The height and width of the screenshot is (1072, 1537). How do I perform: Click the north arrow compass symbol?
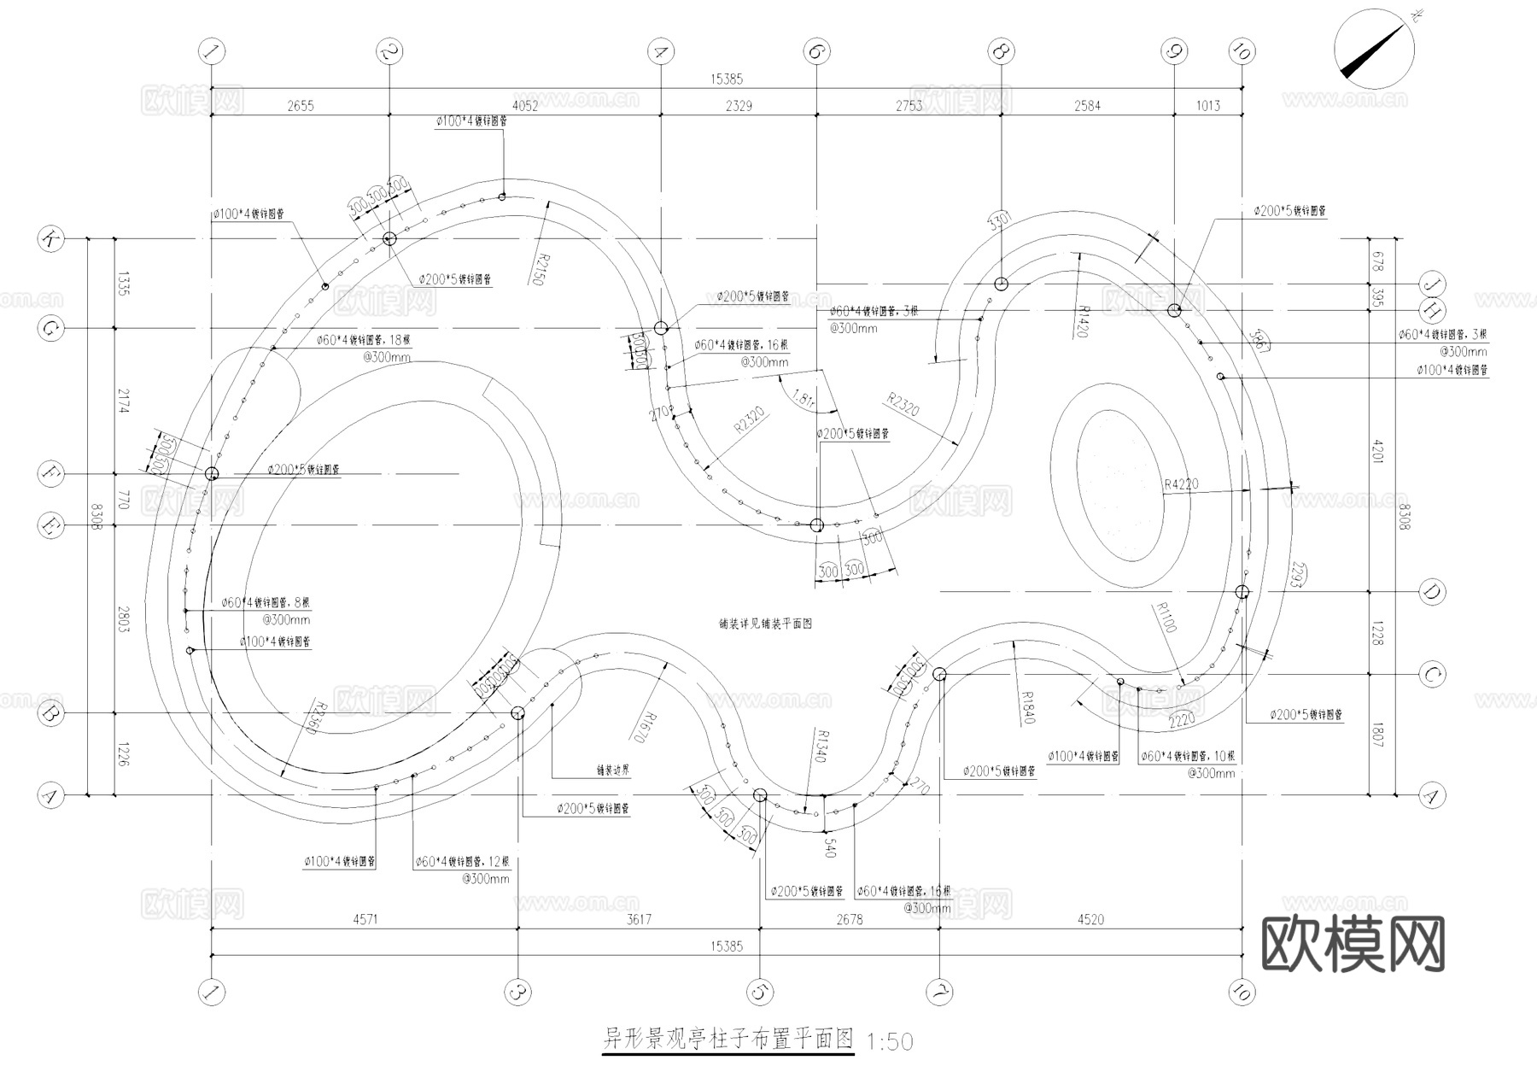click(x=1374, y=50)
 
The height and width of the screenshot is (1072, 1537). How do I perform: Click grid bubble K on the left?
click(x=50, y=238)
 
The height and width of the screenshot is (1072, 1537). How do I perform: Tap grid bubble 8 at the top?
click(x=1001, y=51)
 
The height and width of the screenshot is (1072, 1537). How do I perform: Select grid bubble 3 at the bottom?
click(x=517, y=992)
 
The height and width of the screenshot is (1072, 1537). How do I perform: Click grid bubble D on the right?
click(x=1431, y=591)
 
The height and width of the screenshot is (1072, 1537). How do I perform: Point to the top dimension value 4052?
click(x=524, y=106)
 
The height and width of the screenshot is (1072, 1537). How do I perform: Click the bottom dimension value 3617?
click(x=639, y=920)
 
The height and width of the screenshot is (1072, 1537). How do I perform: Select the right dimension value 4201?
click(x=1376, y=450)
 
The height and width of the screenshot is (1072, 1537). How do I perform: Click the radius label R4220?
click(x=1181, y=484)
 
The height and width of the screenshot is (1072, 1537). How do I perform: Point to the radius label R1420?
click(x=1079, y=322)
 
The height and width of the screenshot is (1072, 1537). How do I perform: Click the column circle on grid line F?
click(x=211, y=473)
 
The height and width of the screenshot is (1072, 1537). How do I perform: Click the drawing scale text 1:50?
click(x=889, y=1042)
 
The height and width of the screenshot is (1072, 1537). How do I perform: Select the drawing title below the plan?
click(x=728, y=1040)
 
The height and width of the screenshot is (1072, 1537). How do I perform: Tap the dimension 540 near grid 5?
click(x=828, y=848)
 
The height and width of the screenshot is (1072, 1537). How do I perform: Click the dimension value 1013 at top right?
click(x=1207, y=106)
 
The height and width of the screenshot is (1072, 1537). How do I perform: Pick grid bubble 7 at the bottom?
click(x=939, y=992)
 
